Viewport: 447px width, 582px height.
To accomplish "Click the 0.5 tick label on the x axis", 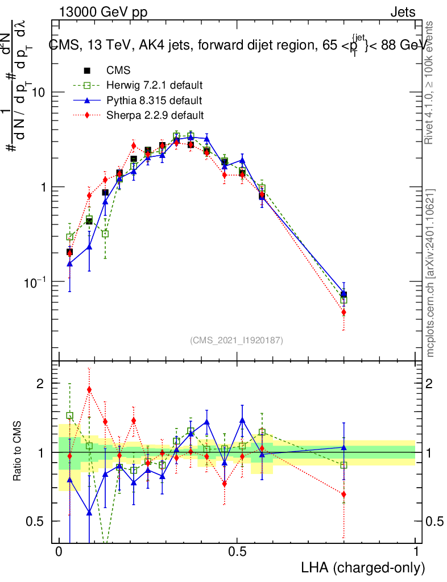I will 237,552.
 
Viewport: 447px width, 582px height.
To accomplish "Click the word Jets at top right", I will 403,12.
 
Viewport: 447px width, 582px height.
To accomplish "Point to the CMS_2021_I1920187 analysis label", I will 236,340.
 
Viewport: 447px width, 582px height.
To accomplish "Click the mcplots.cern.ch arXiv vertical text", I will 431,272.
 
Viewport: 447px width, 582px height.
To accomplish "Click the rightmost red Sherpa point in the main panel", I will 343,312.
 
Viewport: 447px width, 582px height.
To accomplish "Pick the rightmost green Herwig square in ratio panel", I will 343,465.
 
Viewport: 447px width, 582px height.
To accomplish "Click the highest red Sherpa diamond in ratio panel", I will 89,389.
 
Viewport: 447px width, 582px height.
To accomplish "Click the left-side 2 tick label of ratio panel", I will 40,384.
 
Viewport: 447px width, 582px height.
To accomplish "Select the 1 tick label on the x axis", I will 416,552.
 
